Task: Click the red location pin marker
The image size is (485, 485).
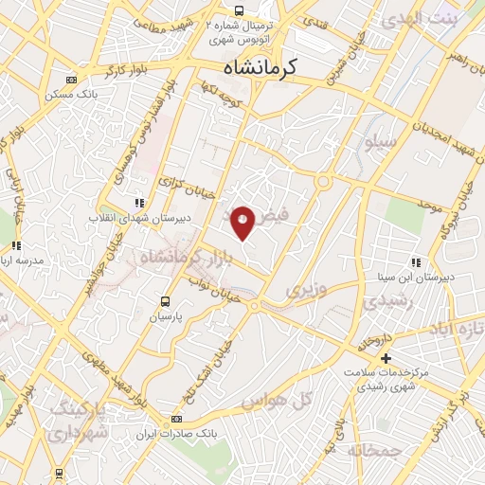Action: (x=243, y=222)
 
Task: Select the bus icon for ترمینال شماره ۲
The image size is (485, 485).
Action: (x=240, y=9)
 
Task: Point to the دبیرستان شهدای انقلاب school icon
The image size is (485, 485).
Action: (x=140, y=203)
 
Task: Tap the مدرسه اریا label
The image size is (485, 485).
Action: (x=26, y=260)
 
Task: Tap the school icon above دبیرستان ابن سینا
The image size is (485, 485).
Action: (x=415, y=262)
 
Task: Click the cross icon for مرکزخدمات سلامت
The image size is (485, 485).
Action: (x=385, y=358)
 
